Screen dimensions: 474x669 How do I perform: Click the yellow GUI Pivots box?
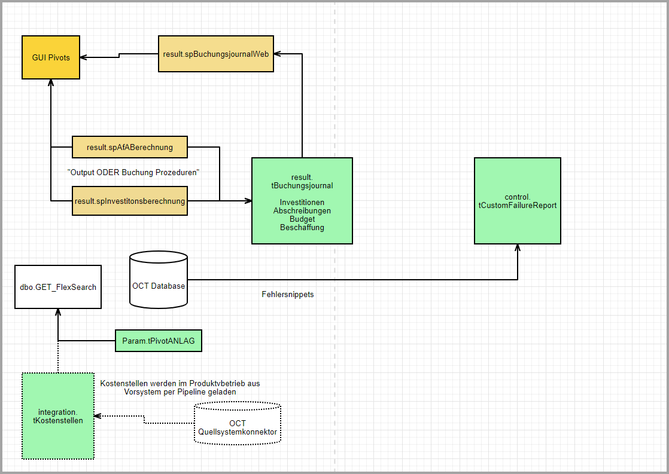51,57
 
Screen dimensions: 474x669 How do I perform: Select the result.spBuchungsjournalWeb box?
216,54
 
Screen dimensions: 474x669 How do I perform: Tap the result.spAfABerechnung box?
129,147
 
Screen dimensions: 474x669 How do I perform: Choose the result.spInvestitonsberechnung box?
129,201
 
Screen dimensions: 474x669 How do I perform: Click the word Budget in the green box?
302,219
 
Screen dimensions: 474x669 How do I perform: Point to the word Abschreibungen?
302,211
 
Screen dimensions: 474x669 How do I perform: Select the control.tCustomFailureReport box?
518,201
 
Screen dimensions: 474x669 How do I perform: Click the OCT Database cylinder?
159,281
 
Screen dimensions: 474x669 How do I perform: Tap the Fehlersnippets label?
288,294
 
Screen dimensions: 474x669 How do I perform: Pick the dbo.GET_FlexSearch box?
58,287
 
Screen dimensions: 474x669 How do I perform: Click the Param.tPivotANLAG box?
159,341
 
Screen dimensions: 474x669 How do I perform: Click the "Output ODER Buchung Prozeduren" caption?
133,172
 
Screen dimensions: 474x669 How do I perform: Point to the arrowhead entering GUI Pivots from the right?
84,57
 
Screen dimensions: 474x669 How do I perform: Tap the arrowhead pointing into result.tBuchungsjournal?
248,201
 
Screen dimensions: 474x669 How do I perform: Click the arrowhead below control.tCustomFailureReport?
518,247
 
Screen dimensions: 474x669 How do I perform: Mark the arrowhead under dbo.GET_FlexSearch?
58,312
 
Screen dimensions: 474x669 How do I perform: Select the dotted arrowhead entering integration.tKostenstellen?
98,416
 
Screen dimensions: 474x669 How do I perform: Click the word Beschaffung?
302,228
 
